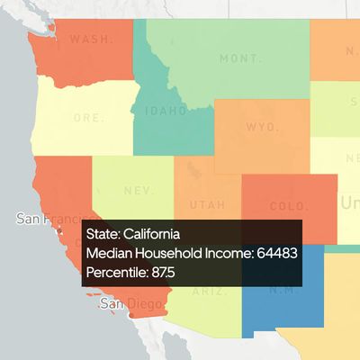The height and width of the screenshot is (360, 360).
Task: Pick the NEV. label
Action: coord(138,191)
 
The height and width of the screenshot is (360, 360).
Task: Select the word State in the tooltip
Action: coord(103,233)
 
